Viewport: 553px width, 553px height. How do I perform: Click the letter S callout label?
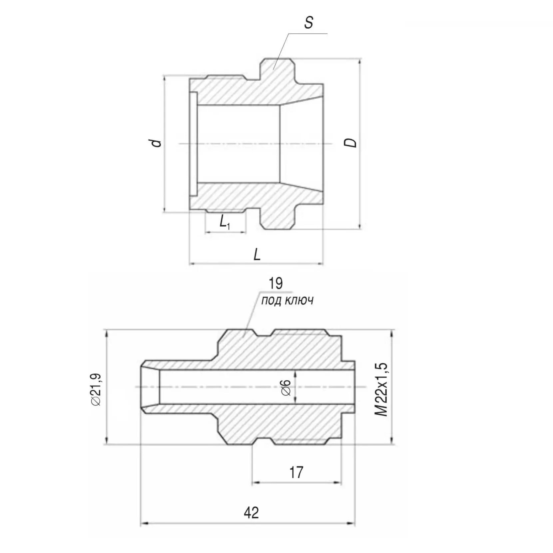coord(309,23)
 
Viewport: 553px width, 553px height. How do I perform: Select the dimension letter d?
coord(156,143)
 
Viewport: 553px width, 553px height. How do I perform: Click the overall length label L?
coord(257,255)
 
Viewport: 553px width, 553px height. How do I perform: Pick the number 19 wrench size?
coord(276,283)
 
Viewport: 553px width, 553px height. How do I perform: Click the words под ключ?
coord(287,301)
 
